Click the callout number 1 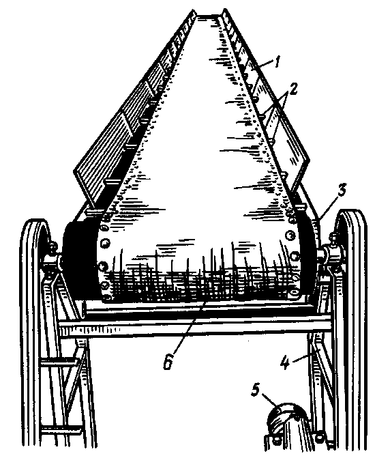tap(278, 63)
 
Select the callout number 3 tap(342, 191)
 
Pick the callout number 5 tap(256, 390)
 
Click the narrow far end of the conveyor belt tap(209, 16)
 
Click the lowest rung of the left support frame tap(61, 431)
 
